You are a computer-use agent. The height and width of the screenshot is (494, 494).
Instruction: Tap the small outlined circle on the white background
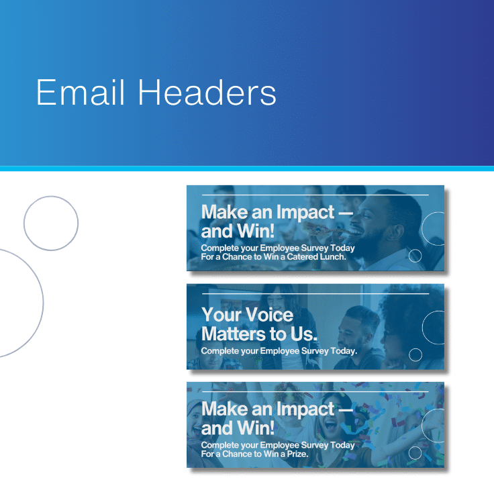51,224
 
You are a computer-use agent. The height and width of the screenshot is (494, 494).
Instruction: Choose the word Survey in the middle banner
315,350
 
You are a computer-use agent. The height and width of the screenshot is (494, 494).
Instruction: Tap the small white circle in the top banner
415,255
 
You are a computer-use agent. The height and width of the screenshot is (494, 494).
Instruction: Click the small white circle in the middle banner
415,354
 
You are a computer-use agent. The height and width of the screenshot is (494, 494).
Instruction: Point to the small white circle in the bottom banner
415,453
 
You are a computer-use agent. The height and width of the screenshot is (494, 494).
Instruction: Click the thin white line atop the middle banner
315,293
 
